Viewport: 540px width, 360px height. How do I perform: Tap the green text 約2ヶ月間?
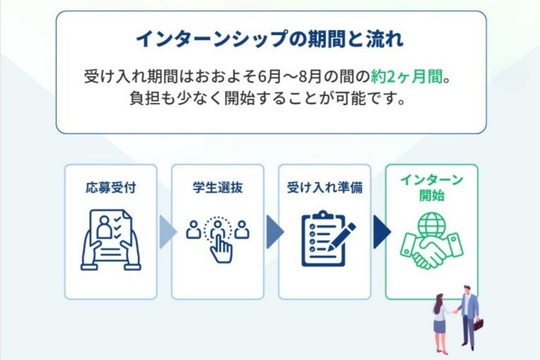[407, 76]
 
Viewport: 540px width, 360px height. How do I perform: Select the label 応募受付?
[111, 188]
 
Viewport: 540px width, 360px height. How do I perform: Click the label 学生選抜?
[217, 188]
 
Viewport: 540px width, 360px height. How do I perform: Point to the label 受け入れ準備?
[325, 188]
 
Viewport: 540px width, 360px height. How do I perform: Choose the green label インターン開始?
[432, 188]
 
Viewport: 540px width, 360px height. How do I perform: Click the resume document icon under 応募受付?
[111, 239]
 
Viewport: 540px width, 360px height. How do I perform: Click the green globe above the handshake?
[432, 225]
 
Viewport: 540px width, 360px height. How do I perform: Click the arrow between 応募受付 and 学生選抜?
[167, 232]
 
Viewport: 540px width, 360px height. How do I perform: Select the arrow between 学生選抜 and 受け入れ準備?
[274, 232]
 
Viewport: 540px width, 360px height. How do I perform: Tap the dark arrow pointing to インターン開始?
[381, 232]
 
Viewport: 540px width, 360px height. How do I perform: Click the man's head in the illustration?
[467, 290]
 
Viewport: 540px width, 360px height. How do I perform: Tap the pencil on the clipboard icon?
[342, 236]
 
